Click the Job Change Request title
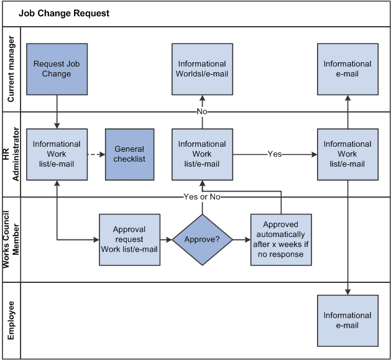64,13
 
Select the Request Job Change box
57,69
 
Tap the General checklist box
129,154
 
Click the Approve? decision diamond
202,239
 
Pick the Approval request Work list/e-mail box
129,239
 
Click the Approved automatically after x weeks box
281,239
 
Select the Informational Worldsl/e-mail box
202,69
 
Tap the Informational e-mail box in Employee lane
347,320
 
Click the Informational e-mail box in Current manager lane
347,69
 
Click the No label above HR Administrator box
202,111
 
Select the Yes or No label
202,196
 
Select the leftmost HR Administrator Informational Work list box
57,154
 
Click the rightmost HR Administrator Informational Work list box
347,154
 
